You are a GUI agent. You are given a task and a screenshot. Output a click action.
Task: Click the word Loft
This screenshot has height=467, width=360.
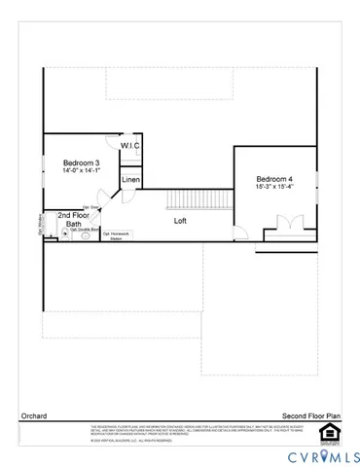pyautogui.click(x=181, y=221)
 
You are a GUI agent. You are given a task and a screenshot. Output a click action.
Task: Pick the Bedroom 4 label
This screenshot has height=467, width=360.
pyautogui.click(x=276, y=179)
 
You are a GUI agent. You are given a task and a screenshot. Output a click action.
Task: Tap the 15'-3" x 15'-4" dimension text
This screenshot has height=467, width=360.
pyautogui.click(x=276, y=188)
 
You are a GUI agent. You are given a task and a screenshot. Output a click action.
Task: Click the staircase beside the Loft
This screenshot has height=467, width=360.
pyautogui.click(x=198, y=200)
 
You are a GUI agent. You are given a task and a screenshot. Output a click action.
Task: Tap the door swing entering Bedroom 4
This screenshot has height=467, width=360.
pyautogui.click(x=240, y=231)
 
